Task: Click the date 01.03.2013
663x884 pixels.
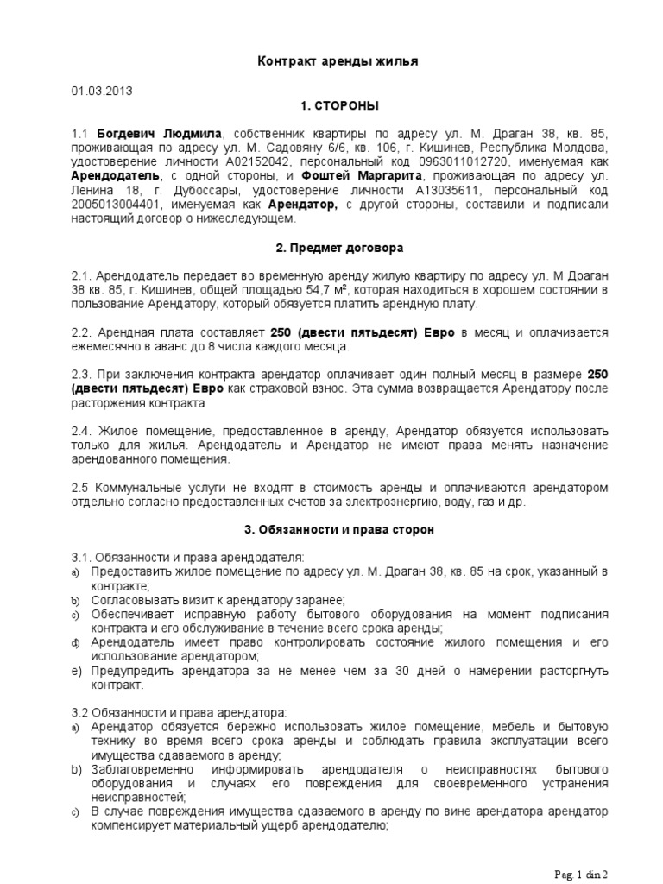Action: pyautogui.click(x=103, y=90)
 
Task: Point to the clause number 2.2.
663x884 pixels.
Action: pyautogui.click(x=82, y=332)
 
